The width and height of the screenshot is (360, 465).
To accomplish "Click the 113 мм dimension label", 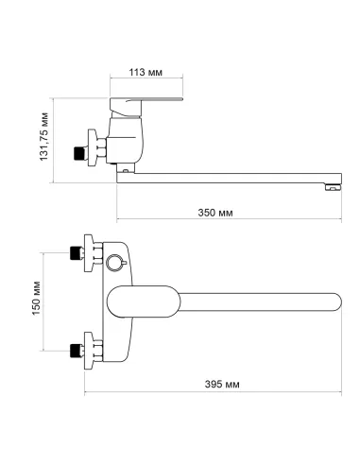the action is tap(146, 72).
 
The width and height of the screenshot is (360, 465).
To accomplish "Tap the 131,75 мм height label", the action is tap(43, 136).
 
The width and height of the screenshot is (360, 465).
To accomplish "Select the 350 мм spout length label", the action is tap(215, 213).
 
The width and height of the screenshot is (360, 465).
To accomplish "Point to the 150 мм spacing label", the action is tap(36, 298).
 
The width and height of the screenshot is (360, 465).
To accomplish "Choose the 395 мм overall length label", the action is tap(222, 384).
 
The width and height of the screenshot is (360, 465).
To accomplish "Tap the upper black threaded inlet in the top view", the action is tap(75, 253).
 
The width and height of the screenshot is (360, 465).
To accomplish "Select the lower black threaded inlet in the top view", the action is tap(75, 351).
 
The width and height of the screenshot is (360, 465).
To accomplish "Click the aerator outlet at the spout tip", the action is tap(333, 187).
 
